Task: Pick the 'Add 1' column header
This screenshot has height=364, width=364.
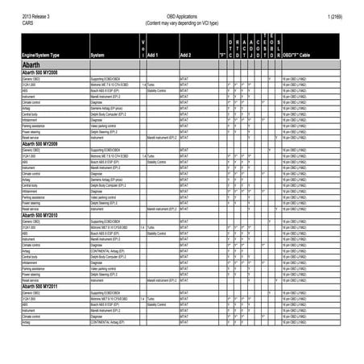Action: [153, 55]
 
